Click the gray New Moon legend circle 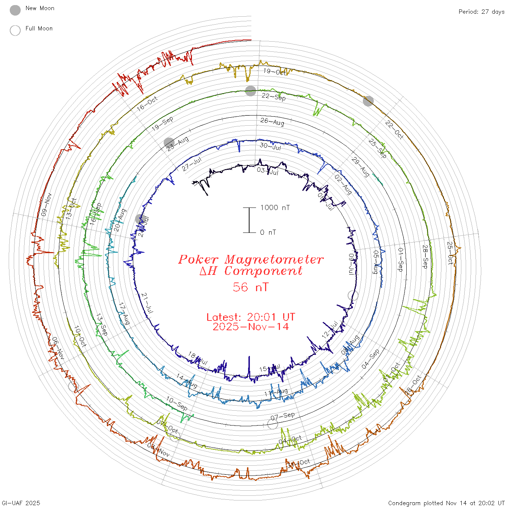click(x=15, y=10)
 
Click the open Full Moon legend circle click(x=15, y=30)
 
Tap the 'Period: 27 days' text click(x=481, y=12)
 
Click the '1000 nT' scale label click(x=275, y=208)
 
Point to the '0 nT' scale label click(x=268, y=232)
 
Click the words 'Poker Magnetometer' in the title click(x=251, y=259)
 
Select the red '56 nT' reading click(x=251, y=287)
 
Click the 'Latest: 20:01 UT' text click(x=251, y=317)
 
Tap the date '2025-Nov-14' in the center click(x=251, y=327)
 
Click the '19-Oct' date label click(x=275, y=72)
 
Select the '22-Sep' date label click(x=273, y=97)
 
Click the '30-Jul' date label click(x=271, y=147)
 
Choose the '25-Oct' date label click(x=450, y=253)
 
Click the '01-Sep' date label click(x=401, y=260)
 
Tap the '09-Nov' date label click(x=46, y=205)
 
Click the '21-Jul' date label click(x=147, y=303)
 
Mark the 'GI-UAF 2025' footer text click(x=21, y=503)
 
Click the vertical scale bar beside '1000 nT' click(x=249, y=220)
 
